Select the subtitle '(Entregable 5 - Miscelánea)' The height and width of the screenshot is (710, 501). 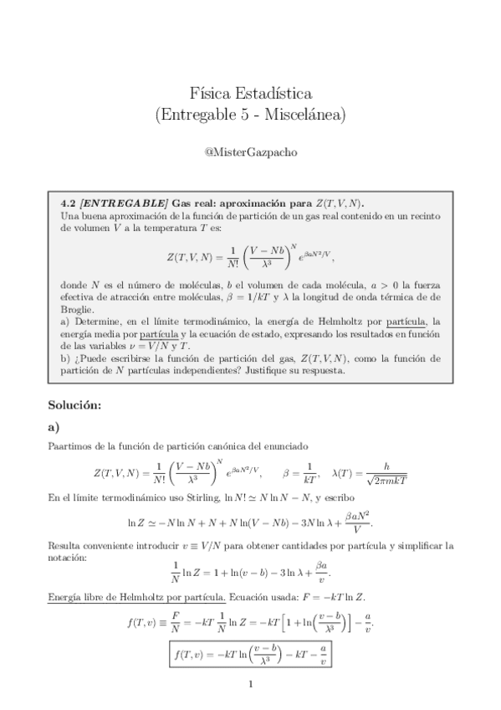251,114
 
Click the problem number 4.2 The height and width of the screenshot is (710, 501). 69,203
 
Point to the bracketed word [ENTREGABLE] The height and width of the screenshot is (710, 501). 118,203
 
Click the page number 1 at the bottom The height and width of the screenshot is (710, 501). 250,684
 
